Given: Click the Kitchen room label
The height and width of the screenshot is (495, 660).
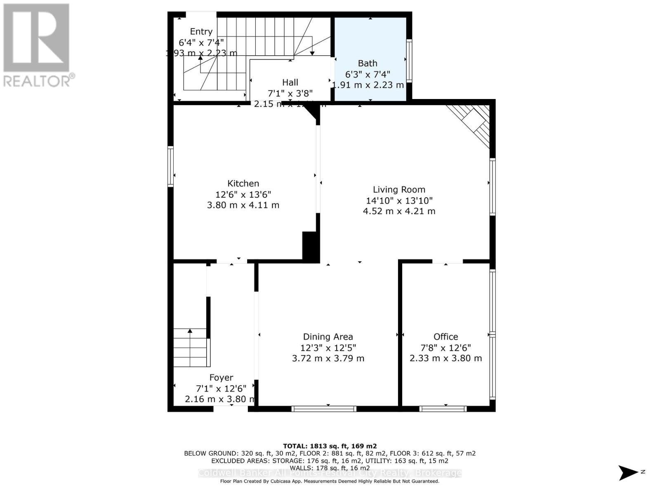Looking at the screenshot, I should click(243, 184).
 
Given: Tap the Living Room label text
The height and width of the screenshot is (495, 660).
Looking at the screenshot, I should click(399, 190).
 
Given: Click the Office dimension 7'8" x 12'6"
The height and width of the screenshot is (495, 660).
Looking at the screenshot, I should click(445, 348).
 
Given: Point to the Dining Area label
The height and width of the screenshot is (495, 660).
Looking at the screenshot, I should click(328, 337).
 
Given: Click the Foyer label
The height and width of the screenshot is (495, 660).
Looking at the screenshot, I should click(221, 377).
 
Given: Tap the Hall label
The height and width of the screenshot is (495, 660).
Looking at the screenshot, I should click(290, 82).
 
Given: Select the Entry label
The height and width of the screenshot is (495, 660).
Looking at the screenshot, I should click(201, 32).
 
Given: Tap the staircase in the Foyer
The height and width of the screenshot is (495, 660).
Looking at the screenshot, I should click(190, 347).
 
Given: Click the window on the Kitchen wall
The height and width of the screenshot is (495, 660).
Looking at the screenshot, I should click(170, 166).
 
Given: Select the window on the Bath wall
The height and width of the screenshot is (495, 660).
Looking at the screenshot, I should click(409, 60).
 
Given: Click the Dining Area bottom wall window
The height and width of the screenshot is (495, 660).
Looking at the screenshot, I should click(324, 409).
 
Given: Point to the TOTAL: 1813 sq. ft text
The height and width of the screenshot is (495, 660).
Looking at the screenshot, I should click(330, 446).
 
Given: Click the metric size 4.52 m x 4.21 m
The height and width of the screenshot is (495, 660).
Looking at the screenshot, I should click(399, 211).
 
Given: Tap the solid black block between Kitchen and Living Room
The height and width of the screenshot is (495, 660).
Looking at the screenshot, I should click(311, 246).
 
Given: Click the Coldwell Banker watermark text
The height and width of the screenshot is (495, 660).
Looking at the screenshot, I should click(330, 473).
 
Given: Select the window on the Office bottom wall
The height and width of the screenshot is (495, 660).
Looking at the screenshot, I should click(443, 409).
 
